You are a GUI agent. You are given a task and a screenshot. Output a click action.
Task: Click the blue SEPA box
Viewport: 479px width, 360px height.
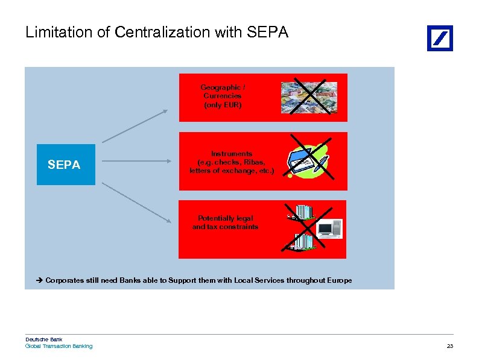point(66,164)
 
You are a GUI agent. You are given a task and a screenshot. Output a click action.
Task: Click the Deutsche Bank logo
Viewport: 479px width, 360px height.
point(440,38)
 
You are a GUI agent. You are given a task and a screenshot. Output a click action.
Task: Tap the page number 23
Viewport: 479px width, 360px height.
point(449,346)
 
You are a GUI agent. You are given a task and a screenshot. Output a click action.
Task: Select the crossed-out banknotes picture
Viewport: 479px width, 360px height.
point(309,97)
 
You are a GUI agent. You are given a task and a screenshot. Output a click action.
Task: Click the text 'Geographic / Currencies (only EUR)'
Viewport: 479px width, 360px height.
point(223,96)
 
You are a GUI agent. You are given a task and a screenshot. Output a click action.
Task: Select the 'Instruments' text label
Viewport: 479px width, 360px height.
point(232,154)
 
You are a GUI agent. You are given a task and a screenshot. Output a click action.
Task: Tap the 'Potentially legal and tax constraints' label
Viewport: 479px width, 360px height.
point(225,223)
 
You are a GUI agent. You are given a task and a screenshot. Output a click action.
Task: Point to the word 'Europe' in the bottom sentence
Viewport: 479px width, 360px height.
point(340,280)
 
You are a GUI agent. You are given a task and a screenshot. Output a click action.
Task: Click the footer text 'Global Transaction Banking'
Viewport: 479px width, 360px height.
point(59,346)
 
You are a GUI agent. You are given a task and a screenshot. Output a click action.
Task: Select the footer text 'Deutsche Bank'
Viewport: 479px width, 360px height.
point(43,339)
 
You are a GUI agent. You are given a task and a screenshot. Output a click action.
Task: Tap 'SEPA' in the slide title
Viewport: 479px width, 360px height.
point(268,32)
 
